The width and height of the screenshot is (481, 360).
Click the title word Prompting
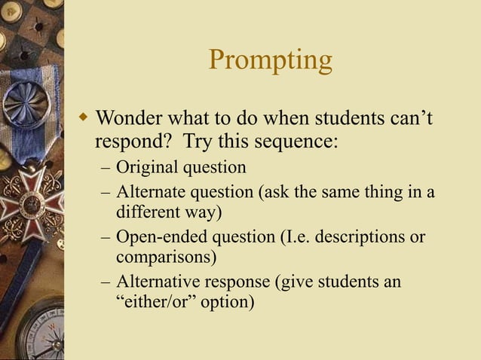[270, 61]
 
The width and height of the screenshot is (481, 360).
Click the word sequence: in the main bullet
[299, 142]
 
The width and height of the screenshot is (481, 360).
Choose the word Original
[148, 166]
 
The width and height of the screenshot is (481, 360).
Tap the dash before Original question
[104, 167]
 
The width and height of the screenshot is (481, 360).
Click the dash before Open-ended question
[104, 238]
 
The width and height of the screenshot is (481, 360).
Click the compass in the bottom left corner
[30, 328]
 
